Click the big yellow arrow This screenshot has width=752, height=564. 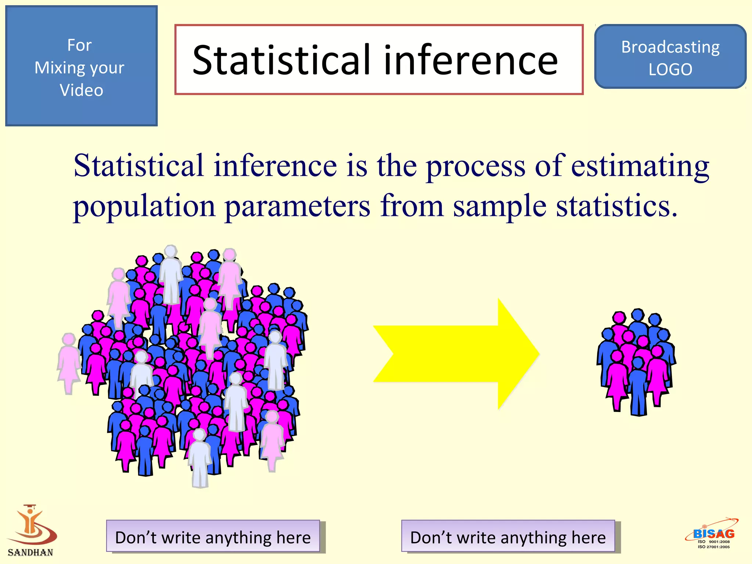coord(455,354)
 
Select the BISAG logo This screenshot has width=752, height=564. coord(713,534)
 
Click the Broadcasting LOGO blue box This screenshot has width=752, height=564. coord(670,57)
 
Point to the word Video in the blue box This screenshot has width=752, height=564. coord(82,90)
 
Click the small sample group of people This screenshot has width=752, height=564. coord(637,362)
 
